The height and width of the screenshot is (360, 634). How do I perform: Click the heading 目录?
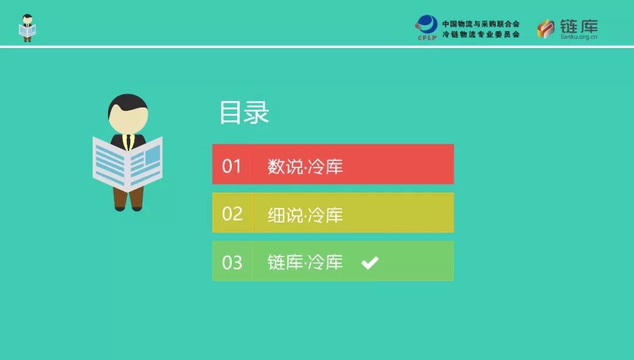pyautogui.click(x=244, y=112)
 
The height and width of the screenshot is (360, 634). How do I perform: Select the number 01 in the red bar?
pyautogui.click(x=232, y=166)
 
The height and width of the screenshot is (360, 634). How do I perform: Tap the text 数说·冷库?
pyautogui.click(x=305, y=166)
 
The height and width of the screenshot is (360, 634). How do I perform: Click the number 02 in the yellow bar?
pyautogui.click(x=232, y=214)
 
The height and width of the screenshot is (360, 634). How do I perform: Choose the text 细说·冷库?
pyautogui.click(x=305, y=215)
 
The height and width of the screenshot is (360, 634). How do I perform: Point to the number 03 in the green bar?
pyautogui.click(x=232, y=263)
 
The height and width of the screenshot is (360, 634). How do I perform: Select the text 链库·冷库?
pyautogui.click(x=305, y=262)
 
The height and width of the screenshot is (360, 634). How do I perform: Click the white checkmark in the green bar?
pyautogui.click(x=370, y=263)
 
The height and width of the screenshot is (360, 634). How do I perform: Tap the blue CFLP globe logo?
pyautogui.click(x=427, y=27)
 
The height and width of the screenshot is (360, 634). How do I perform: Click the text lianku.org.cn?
pyautogui.click(x=579, y=37)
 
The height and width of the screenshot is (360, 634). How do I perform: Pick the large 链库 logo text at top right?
pyautogui.click(x=579, y=26)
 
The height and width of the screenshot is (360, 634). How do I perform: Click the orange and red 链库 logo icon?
pyautogui.click(x=546, y=29)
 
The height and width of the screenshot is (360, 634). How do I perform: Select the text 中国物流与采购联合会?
pyautogui.click(x=481, y=24)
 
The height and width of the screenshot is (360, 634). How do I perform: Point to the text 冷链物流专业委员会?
pyautogui.click(x=481, y=35)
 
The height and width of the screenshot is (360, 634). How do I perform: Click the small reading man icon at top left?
pyautogui.click(x=27, y=28)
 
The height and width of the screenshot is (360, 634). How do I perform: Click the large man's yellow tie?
pyautogui.click(x=128, y=142)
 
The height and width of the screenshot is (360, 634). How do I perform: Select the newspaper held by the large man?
pyautogui.click(x=127, y=164)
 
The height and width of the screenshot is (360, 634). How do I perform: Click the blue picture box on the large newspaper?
pyautogui.click(x=153, y=155)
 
